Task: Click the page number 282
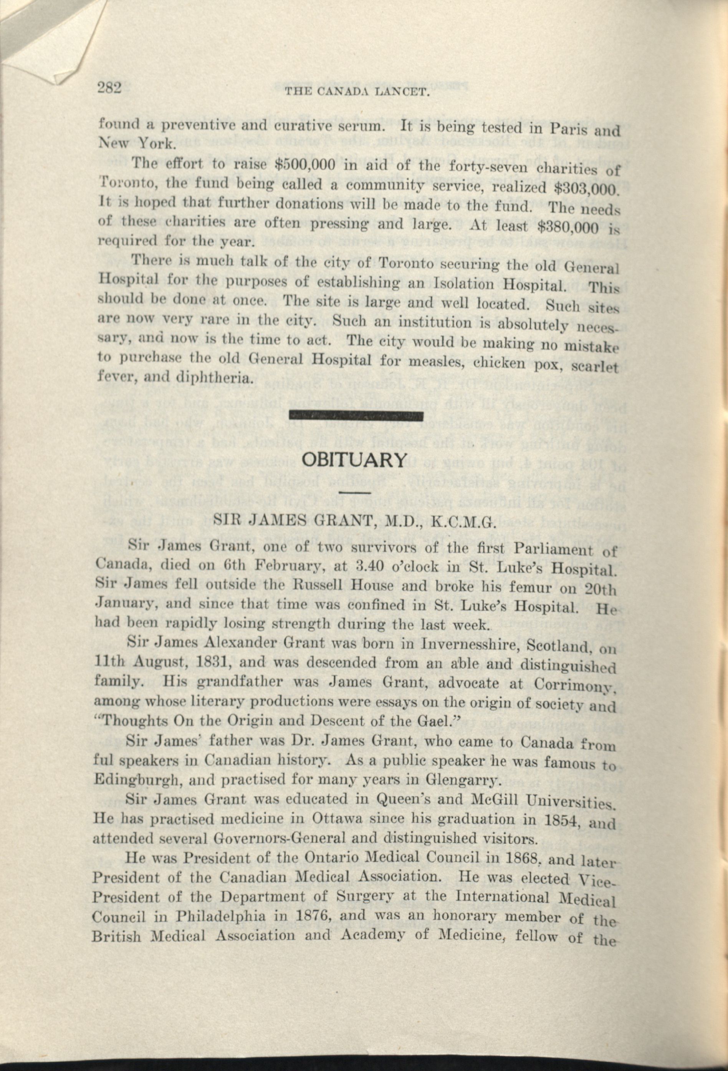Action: (109, 87)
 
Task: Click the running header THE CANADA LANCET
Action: (357, 93)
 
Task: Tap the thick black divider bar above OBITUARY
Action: (356, 417)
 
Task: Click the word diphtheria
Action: (215, 379)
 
